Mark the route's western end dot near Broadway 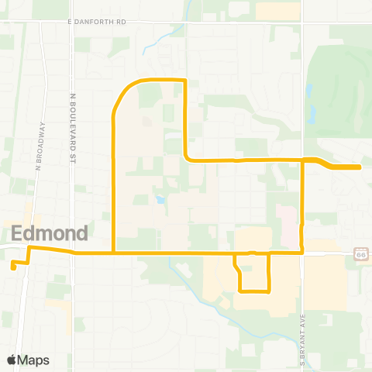point(14,268)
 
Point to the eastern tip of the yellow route point(359,167)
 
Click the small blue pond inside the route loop point(159,200)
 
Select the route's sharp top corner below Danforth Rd point(185,81)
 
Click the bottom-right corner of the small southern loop point(268,291)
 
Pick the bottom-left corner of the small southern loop point(239,291)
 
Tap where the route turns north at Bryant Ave point(301,252)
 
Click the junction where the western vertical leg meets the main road point(115,253)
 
